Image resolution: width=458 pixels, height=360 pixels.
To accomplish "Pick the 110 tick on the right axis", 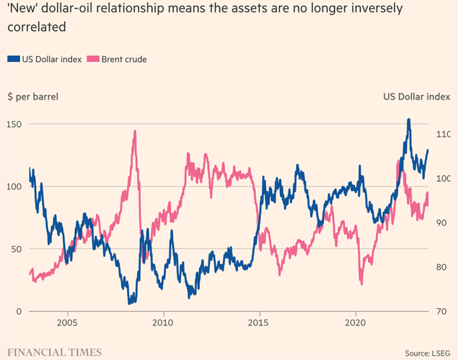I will [441, 134].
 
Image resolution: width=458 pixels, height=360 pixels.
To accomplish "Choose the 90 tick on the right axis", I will [441, 223].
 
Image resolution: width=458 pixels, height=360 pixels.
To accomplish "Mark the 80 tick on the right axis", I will [441, 267].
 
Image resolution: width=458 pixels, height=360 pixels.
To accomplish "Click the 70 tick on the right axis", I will [441, 311].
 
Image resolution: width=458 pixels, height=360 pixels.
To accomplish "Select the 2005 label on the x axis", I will [67, 324].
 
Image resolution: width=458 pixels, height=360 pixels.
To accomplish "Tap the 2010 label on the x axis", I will [163, 324].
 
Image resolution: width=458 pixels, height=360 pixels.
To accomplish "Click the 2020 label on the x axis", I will [356, 324].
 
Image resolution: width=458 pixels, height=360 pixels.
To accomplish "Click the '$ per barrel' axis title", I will [34, 96].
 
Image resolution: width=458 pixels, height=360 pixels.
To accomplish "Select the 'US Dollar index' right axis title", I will [415, 96].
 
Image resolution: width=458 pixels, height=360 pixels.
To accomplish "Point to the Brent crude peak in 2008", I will [135, 131].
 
